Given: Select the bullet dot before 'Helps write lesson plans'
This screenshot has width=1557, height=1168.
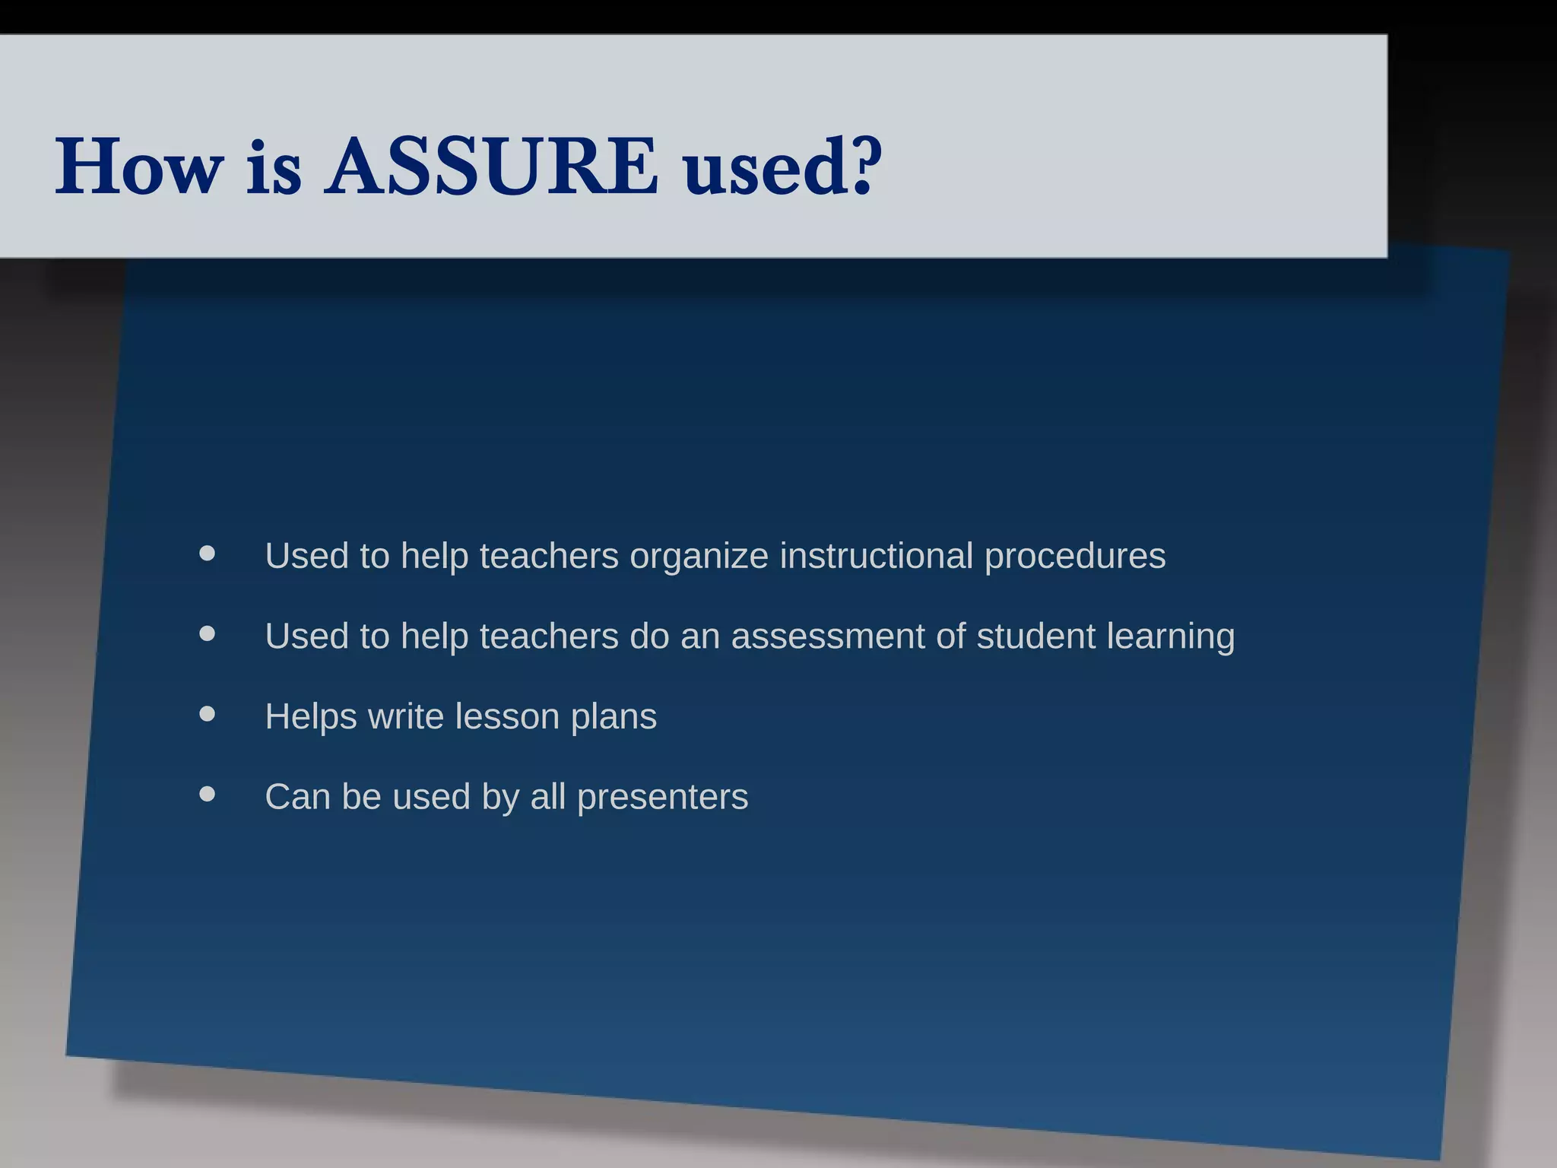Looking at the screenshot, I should (x=207, y=713).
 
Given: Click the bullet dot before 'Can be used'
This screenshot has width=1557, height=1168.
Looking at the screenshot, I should (x=207, y=794).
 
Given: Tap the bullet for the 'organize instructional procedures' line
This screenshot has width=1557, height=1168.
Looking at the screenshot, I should (x=207, y=553).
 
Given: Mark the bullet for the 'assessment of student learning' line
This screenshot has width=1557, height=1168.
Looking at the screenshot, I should (x=207, y=633).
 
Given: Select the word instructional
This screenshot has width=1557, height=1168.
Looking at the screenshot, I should (x=877, y=556).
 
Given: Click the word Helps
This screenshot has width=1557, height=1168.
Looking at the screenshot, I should (x=310, y=717).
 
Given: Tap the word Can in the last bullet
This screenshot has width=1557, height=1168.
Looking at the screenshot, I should (x=297, y=797).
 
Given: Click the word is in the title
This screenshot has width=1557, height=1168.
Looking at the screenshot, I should (x=274, y=169).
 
